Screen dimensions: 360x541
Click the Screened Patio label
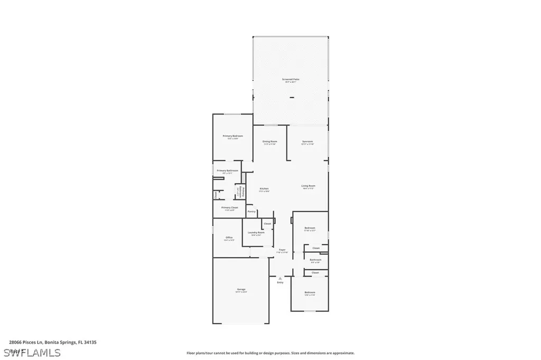291,80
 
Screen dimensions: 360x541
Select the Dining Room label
270,141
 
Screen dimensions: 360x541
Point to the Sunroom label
307,141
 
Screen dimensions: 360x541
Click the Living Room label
309,186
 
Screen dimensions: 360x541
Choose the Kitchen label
264,189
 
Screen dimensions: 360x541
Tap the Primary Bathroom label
227,170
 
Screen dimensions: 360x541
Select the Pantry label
251,211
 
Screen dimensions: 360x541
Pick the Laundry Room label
256,233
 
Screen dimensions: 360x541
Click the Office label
229,238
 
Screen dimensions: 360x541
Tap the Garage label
241,289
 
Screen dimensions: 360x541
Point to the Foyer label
282,250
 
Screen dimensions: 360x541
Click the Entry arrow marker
280,278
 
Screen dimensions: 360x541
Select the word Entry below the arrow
280,282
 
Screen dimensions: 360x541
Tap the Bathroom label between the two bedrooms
316,260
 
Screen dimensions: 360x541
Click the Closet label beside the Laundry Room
267,224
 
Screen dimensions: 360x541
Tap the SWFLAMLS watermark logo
32,352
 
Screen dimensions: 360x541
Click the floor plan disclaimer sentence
270,353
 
